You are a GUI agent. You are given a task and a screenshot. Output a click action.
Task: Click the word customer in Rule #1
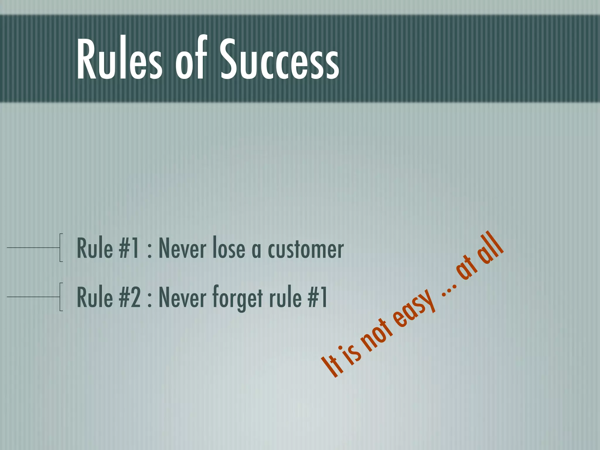[x=306, y=249]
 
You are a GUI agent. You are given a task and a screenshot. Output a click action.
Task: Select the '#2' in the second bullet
[x=129, y=298]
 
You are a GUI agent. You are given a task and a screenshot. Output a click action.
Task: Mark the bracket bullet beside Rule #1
[x=61, y=248]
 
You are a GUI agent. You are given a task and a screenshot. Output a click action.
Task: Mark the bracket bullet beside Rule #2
[x=61, y=297]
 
